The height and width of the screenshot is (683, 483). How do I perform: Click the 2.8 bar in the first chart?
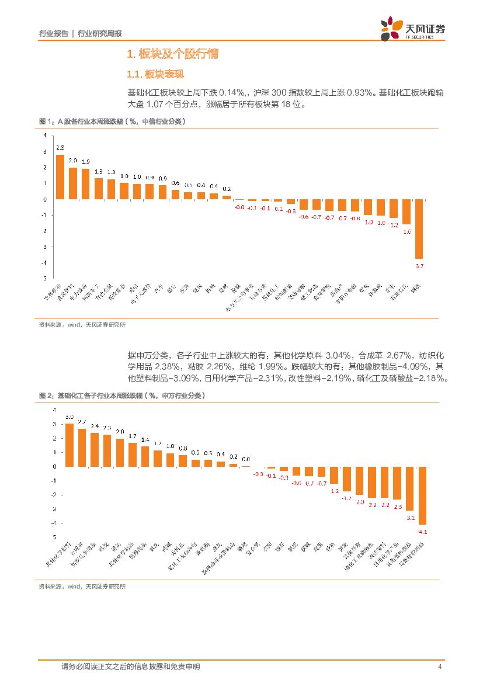[x=60, y=177]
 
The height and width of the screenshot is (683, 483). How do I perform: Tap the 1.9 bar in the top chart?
[x=85, y=184]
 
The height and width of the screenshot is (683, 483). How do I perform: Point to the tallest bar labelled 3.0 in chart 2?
[x=69, y=445]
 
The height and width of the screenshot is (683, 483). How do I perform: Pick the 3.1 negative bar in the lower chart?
[x=410, y=488]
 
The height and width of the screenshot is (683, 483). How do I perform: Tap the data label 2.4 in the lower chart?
[x=95, y=427]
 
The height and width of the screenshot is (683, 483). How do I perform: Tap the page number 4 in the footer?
[x=439, y=667]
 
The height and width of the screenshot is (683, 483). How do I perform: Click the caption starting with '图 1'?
[x=112, y=122]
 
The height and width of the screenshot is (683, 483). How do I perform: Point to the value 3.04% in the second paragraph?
[x=338, y=355]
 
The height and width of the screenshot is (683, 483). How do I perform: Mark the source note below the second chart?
[x=82, y=587]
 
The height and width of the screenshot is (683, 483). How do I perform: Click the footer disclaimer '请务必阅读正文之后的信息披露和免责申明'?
[x=131, y=667]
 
